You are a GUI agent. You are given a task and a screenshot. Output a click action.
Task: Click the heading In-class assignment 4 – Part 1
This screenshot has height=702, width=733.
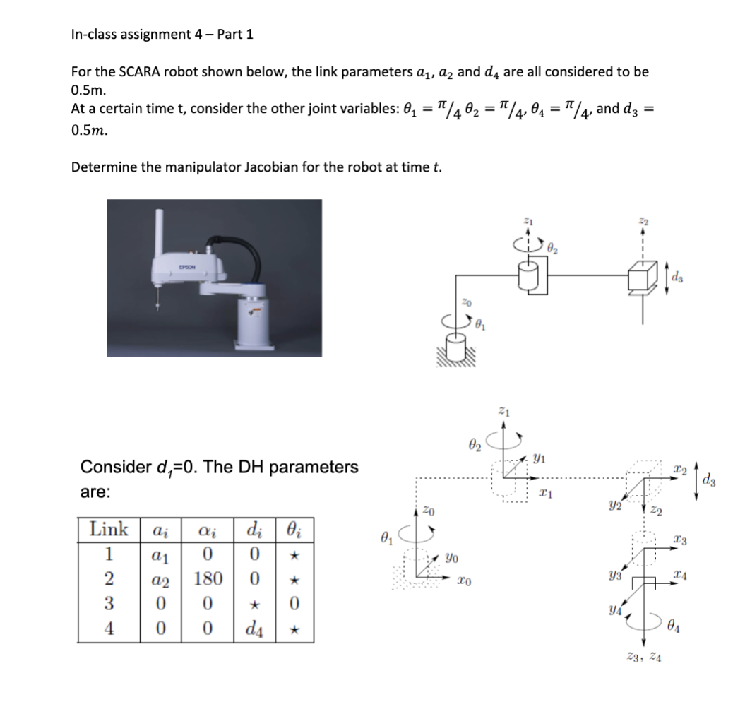(x=162, y=35)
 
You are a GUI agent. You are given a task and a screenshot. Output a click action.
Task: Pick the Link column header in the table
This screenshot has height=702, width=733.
(x=109, y=530)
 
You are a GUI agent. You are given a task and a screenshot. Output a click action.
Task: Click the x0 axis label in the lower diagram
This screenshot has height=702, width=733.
(x=461, y=581)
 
